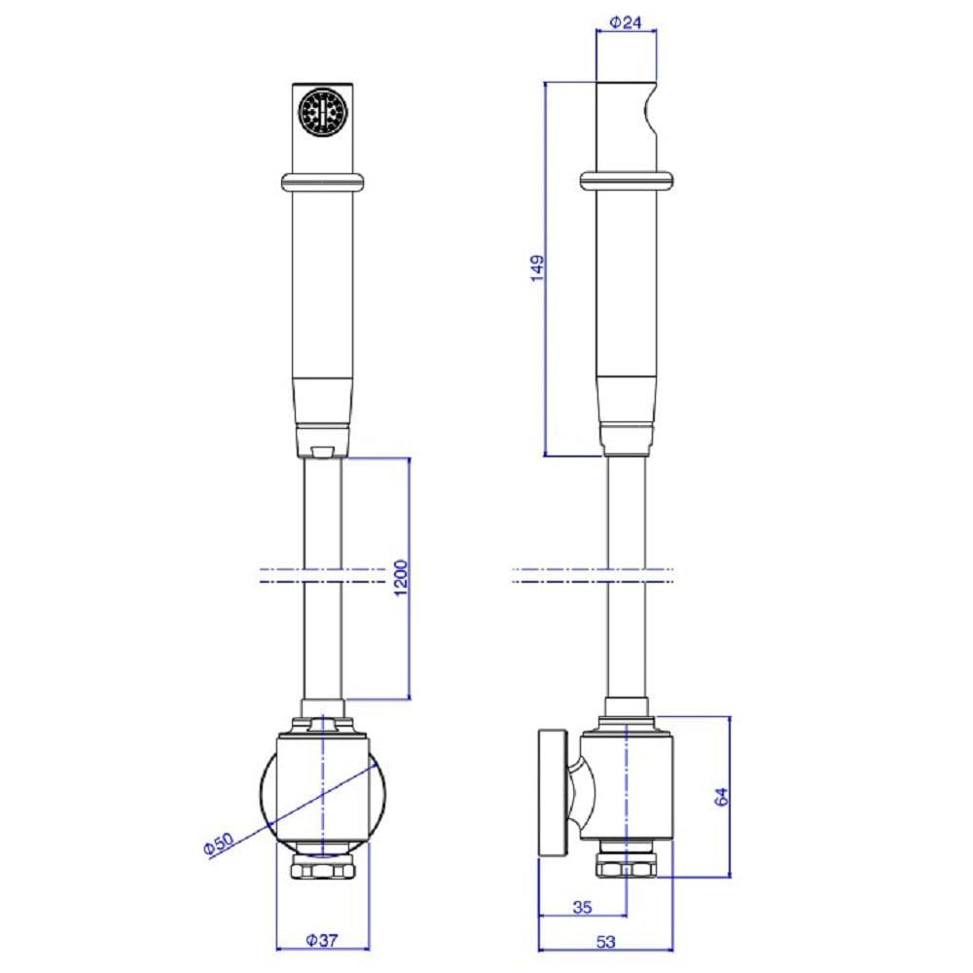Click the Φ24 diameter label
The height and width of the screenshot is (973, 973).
tap(626, 22)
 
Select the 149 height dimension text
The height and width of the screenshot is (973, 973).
tap(537, 269)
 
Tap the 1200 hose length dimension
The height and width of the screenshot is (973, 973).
tap(401, 578)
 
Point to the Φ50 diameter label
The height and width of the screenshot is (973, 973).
tap(219, 844)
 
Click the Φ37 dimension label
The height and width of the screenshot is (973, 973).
tap(322, 940)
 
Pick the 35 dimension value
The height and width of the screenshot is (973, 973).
tap(582, 907)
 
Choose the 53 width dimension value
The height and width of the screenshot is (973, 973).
tap(605, 941)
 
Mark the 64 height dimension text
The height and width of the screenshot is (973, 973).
tap(721, 797)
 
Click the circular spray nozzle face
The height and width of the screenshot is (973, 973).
tap(323, 112)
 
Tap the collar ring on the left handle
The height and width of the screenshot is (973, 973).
tap(323, 182)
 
